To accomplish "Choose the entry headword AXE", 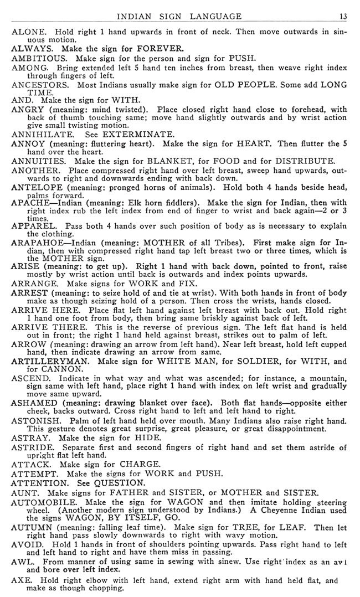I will point(20,581).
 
